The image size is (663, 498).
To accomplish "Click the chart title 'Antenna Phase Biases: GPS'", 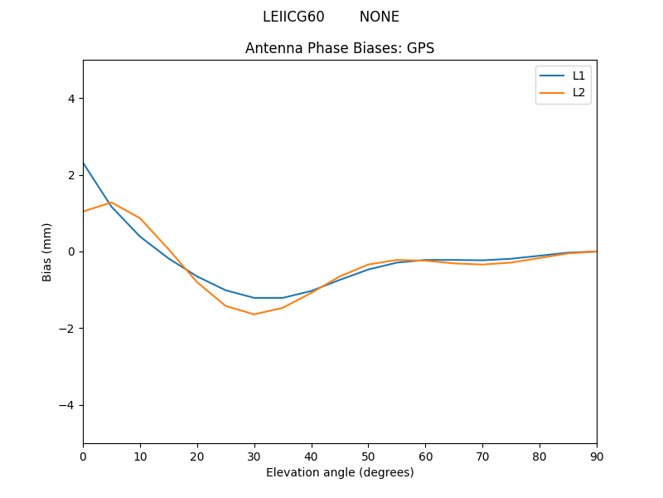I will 340,48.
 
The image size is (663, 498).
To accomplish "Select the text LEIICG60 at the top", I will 293,17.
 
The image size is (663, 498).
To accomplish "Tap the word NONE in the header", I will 379,17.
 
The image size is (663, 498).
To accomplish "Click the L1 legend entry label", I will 578,76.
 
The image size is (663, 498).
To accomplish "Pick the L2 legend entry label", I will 578,92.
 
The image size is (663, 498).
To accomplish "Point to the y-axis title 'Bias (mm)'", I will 47,251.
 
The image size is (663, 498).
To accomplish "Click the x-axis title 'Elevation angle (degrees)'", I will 340,472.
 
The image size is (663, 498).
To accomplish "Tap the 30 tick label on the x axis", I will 254,456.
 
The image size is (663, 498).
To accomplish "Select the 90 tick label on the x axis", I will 597,456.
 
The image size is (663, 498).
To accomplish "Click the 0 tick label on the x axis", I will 83,456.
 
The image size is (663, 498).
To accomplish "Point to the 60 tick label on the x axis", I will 425,456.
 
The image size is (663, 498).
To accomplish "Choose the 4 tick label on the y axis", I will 70,98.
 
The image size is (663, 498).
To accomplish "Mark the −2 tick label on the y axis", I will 66,328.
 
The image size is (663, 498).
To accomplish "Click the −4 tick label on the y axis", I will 66,405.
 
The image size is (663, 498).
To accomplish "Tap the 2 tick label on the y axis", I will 70,175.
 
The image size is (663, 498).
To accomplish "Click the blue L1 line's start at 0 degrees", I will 84,164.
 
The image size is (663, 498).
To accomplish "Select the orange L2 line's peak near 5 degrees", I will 111,202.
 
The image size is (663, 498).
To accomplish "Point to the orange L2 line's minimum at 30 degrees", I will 254,314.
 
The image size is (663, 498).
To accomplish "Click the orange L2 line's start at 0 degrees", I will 84,212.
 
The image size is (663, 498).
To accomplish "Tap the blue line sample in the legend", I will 552,76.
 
